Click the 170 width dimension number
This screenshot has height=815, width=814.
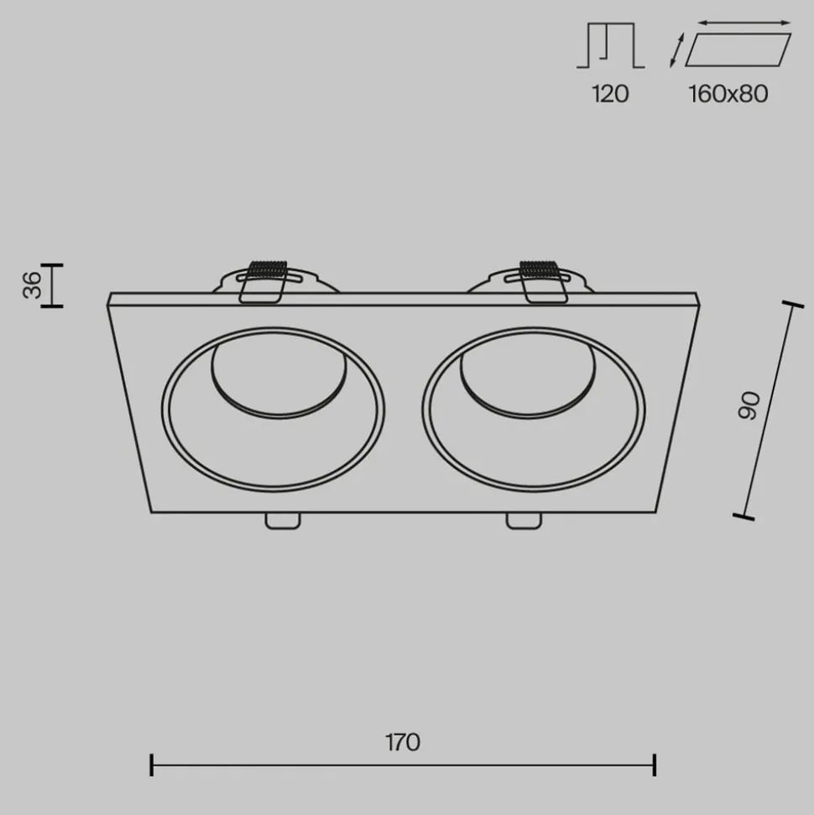coord(403,742)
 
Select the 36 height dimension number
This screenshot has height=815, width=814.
coord(31,285)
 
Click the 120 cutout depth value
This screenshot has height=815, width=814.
coord(610,93)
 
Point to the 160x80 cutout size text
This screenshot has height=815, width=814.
coord(728,93)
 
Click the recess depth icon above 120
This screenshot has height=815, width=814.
coord(610,47)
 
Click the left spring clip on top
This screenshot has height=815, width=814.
coord(264,280)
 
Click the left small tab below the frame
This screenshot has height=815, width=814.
coord(282,520)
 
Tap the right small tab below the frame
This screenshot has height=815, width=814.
coord(523,520)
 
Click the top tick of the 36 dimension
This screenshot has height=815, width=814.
coord(52,265)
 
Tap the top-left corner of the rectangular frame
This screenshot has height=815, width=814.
coord(110,295)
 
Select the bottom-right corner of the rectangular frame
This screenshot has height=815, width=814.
coord(655,511)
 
